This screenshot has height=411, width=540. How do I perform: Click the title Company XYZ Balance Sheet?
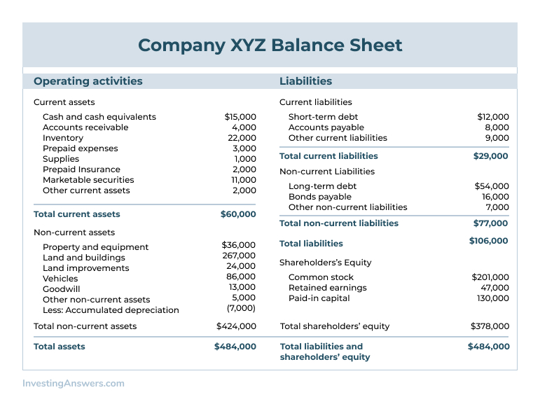[270, 46]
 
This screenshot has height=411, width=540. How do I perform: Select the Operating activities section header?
[88, 81]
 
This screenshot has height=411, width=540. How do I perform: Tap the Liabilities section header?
[305, 81]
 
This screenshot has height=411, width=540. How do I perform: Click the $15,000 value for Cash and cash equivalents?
[240, 117]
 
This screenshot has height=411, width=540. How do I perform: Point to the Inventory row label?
[63, 138]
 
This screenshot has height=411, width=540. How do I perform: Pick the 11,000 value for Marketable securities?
[244, 180]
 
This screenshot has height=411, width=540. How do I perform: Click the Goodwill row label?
[62, 288]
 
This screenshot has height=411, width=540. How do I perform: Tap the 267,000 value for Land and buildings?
[239, 256]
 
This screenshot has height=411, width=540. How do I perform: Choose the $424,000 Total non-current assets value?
[236, 326]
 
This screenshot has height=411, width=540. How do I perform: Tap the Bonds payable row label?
[320, 197]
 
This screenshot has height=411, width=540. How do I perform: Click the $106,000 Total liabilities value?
[489, 241]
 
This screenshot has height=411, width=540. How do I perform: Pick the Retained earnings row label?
[327, 288]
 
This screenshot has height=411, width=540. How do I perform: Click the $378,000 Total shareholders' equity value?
[490, 326]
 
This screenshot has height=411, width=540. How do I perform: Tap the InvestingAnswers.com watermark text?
[74, 384]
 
